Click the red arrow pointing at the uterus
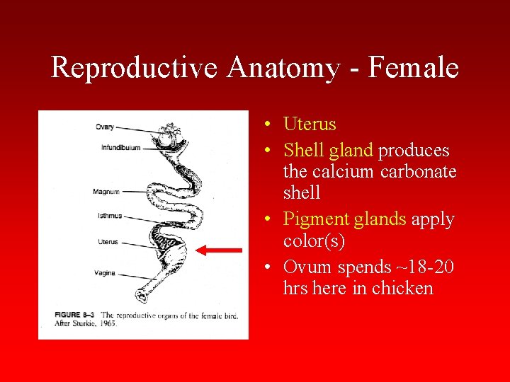(x=219, y=250)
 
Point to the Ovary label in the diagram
(x=105, y=127)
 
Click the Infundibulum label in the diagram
(x=121, y=148)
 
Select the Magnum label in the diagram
(x=106, y=192)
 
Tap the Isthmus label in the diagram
(x=110, y=216)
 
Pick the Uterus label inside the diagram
(x=108, y=242)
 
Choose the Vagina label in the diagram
(x=104, y=273)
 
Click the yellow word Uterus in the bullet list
(x=310, y=125)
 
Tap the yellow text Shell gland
(x=327, y=151)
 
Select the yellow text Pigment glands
(x=344, y=219)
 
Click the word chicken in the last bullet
(x=400, y=288)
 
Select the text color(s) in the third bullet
(x=314, y=241)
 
